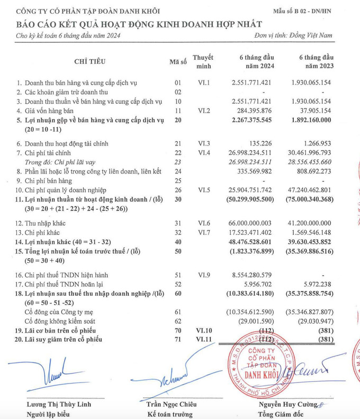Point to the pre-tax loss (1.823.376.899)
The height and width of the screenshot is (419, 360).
click(x=247, y=251)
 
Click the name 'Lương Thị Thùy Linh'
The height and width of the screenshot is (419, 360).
click(x=55, y=405)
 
